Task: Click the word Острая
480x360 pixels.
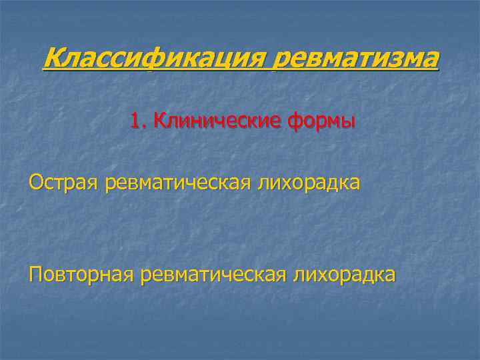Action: [x=64, y=183]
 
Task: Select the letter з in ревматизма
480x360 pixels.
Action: [x=396, y=61]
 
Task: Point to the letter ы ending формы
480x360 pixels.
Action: [x=347, y=123]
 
